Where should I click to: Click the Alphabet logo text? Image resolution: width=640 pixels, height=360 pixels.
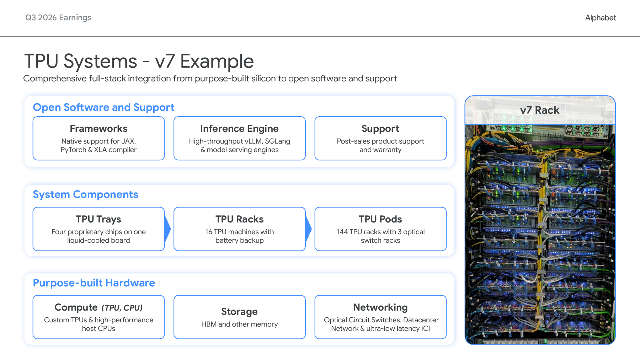[x=601, y=18]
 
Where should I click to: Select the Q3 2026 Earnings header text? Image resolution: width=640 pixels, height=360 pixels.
[x=58, y=18]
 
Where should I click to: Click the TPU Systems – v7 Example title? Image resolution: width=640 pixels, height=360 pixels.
[x=139, y=61]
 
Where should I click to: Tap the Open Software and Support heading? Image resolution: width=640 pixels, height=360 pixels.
[x=103, y=107]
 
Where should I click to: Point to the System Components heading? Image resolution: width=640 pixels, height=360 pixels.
[x=85, y=194]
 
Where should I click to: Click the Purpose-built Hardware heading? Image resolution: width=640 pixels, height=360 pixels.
[x=94, y=283]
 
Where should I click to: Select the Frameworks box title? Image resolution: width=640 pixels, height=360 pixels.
[x=98, y=129]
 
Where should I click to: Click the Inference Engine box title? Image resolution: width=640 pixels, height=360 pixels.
[x=239, y=129]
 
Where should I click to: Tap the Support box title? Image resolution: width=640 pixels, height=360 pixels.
[x=380, y=129]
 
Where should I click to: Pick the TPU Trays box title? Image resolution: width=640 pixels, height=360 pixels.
[x=98, y=219]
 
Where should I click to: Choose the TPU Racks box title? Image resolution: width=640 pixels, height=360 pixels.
[x=239, y=219]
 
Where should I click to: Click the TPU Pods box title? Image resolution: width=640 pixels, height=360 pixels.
[x=380, y=219]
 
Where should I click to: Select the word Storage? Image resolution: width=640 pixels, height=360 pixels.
[x=239, y=312]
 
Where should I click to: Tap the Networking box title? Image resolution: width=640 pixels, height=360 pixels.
[x=380, y=307]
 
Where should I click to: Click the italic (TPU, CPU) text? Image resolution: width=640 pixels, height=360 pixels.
[x=122, y=308]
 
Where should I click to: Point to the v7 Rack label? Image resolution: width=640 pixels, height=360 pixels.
[x=540, y=110]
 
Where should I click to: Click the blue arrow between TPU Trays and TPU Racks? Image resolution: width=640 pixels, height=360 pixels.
[x=167, y=229]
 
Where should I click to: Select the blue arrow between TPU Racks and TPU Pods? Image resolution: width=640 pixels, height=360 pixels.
[x=308, y=229]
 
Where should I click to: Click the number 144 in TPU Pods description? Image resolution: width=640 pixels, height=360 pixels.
[x=342, y=232]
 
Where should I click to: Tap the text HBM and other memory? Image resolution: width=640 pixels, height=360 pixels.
[x=239, y=324]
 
